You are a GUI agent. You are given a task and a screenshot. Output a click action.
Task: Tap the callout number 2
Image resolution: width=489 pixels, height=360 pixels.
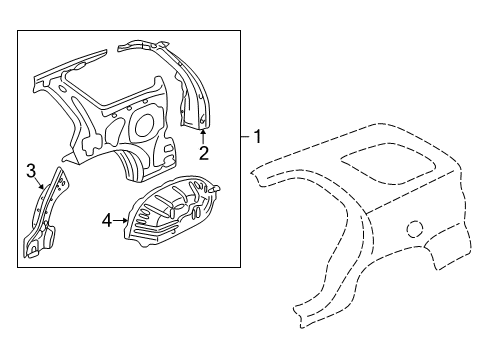coord(203,153)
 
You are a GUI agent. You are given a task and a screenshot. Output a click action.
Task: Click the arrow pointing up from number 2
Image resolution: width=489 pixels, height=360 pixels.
coord(203,135)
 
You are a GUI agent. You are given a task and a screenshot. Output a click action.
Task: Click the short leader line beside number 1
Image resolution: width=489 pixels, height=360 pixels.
coord(245,136)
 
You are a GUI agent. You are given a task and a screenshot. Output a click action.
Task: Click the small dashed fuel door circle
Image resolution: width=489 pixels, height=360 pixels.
coord(413,229)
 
